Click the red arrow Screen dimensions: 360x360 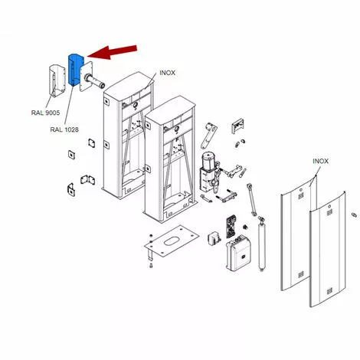[x=113, y=52]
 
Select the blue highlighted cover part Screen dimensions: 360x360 [x=76, y=70]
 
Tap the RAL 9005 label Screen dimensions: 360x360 [x=45, y=113]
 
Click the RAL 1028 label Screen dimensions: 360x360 [x=64, y=129]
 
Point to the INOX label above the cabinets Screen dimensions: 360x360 [x=168, y=73]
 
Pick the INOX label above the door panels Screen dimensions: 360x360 [x=321, y=161]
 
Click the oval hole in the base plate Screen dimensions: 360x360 [x=171, y=241]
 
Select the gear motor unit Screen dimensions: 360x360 [x=209, y=172]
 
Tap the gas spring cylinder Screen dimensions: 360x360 [x=261, y=244]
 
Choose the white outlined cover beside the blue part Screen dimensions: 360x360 [x=57, y=81]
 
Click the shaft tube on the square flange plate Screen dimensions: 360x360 [x=94, y=80]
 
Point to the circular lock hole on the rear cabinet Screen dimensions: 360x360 [x=136, y=104]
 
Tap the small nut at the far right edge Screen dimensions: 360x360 [x=354, y=214]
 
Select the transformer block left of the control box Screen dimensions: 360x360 [x=214, y=238]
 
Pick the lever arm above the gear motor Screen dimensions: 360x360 [x=209, y=135]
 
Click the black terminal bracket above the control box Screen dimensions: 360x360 [x=231, y=226]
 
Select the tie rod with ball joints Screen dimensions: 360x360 [x=251, y=199]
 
